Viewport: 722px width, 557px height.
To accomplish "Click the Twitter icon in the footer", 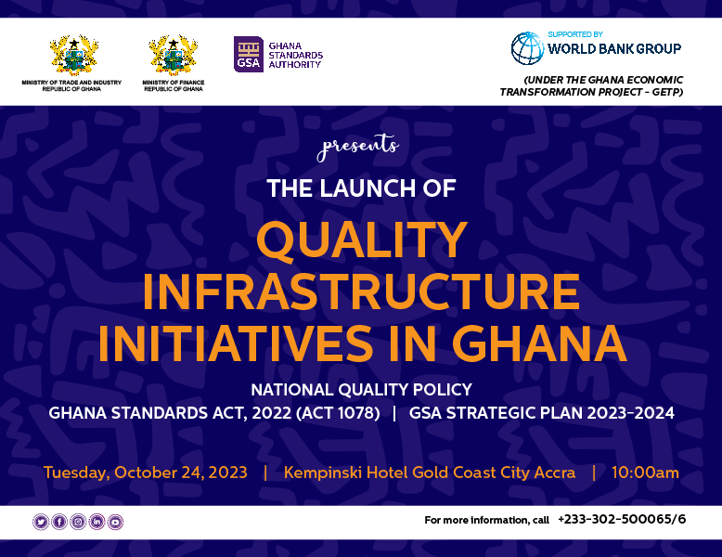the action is pos(41,522).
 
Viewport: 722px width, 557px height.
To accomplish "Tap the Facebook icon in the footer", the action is pos(59,522).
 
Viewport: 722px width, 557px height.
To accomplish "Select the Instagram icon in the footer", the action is pos(78,522).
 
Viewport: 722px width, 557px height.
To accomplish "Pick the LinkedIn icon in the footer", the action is pos(97,522).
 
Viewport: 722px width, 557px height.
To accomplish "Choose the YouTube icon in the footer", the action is pos(115,522).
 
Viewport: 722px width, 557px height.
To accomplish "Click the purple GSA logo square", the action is pos(249,55).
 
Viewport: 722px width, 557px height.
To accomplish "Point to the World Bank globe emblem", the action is pos(528,48).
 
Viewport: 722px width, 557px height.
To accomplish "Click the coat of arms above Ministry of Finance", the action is pos(174,55).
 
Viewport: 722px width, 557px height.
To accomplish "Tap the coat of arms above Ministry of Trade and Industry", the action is pos(73,55).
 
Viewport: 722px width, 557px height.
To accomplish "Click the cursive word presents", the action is pos(358,147).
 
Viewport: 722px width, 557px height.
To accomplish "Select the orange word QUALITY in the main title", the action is pos(362,240).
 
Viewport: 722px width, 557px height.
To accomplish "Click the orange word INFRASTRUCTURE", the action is pos(361,291).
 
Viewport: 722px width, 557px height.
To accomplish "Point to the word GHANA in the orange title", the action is pos(539,343).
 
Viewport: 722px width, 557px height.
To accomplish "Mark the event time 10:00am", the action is pos(645,473).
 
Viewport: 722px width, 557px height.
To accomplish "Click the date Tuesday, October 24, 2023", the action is pos(146,473).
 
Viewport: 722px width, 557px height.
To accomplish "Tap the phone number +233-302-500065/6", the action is pos(622,519).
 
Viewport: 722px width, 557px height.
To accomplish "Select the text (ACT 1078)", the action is pos(338,413).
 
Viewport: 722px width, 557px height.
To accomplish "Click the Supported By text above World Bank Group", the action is pos(575,34).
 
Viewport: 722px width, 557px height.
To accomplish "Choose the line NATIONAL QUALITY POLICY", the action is pos(361,390).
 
